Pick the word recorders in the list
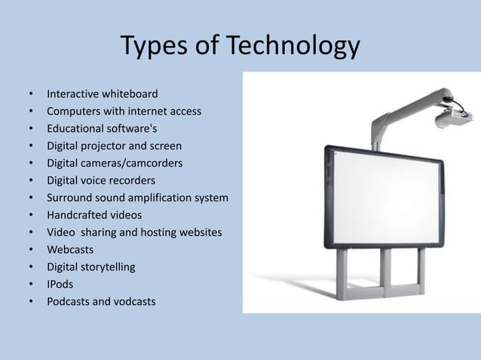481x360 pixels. pos(133,180)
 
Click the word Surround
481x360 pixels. pos(69,197)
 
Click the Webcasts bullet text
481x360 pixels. pos(71,249)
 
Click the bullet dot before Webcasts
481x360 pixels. pos(31,250)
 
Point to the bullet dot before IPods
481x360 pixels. pos(31,285)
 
